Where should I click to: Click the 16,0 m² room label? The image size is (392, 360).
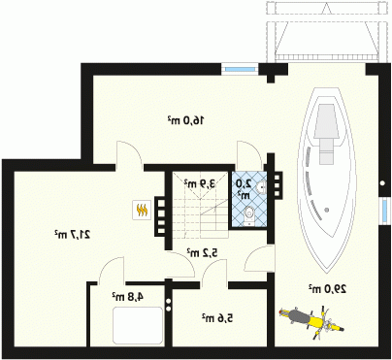[185, 120]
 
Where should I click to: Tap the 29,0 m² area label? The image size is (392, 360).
[327, 288]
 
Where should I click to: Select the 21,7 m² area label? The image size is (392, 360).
[72, 234]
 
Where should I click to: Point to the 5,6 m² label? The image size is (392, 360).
[217, 318]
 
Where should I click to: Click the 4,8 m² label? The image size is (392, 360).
[127, 296]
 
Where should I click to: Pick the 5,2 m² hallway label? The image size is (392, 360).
[202, 252]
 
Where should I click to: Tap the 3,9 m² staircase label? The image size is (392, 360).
[200, 183]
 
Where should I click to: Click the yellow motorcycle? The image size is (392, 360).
[311, 321]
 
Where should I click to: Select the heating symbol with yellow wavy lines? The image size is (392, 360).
[142, 210]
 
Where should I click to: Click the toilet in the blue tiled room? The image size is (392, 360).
[248, 215]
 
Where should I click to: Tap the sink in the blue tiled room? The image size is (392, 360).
[261, 187]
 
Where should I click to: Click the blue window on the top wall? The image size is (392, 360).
[240, 69]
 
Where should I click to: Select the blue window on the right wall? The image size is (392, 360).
[384, 211]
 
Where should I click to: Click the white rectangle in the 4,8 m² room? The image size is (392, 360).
[138, 325]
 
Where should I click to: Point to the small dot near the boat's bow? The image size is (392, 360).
[327, 210]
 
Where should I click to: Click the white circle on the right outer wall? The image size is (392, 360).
[382, 183]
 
